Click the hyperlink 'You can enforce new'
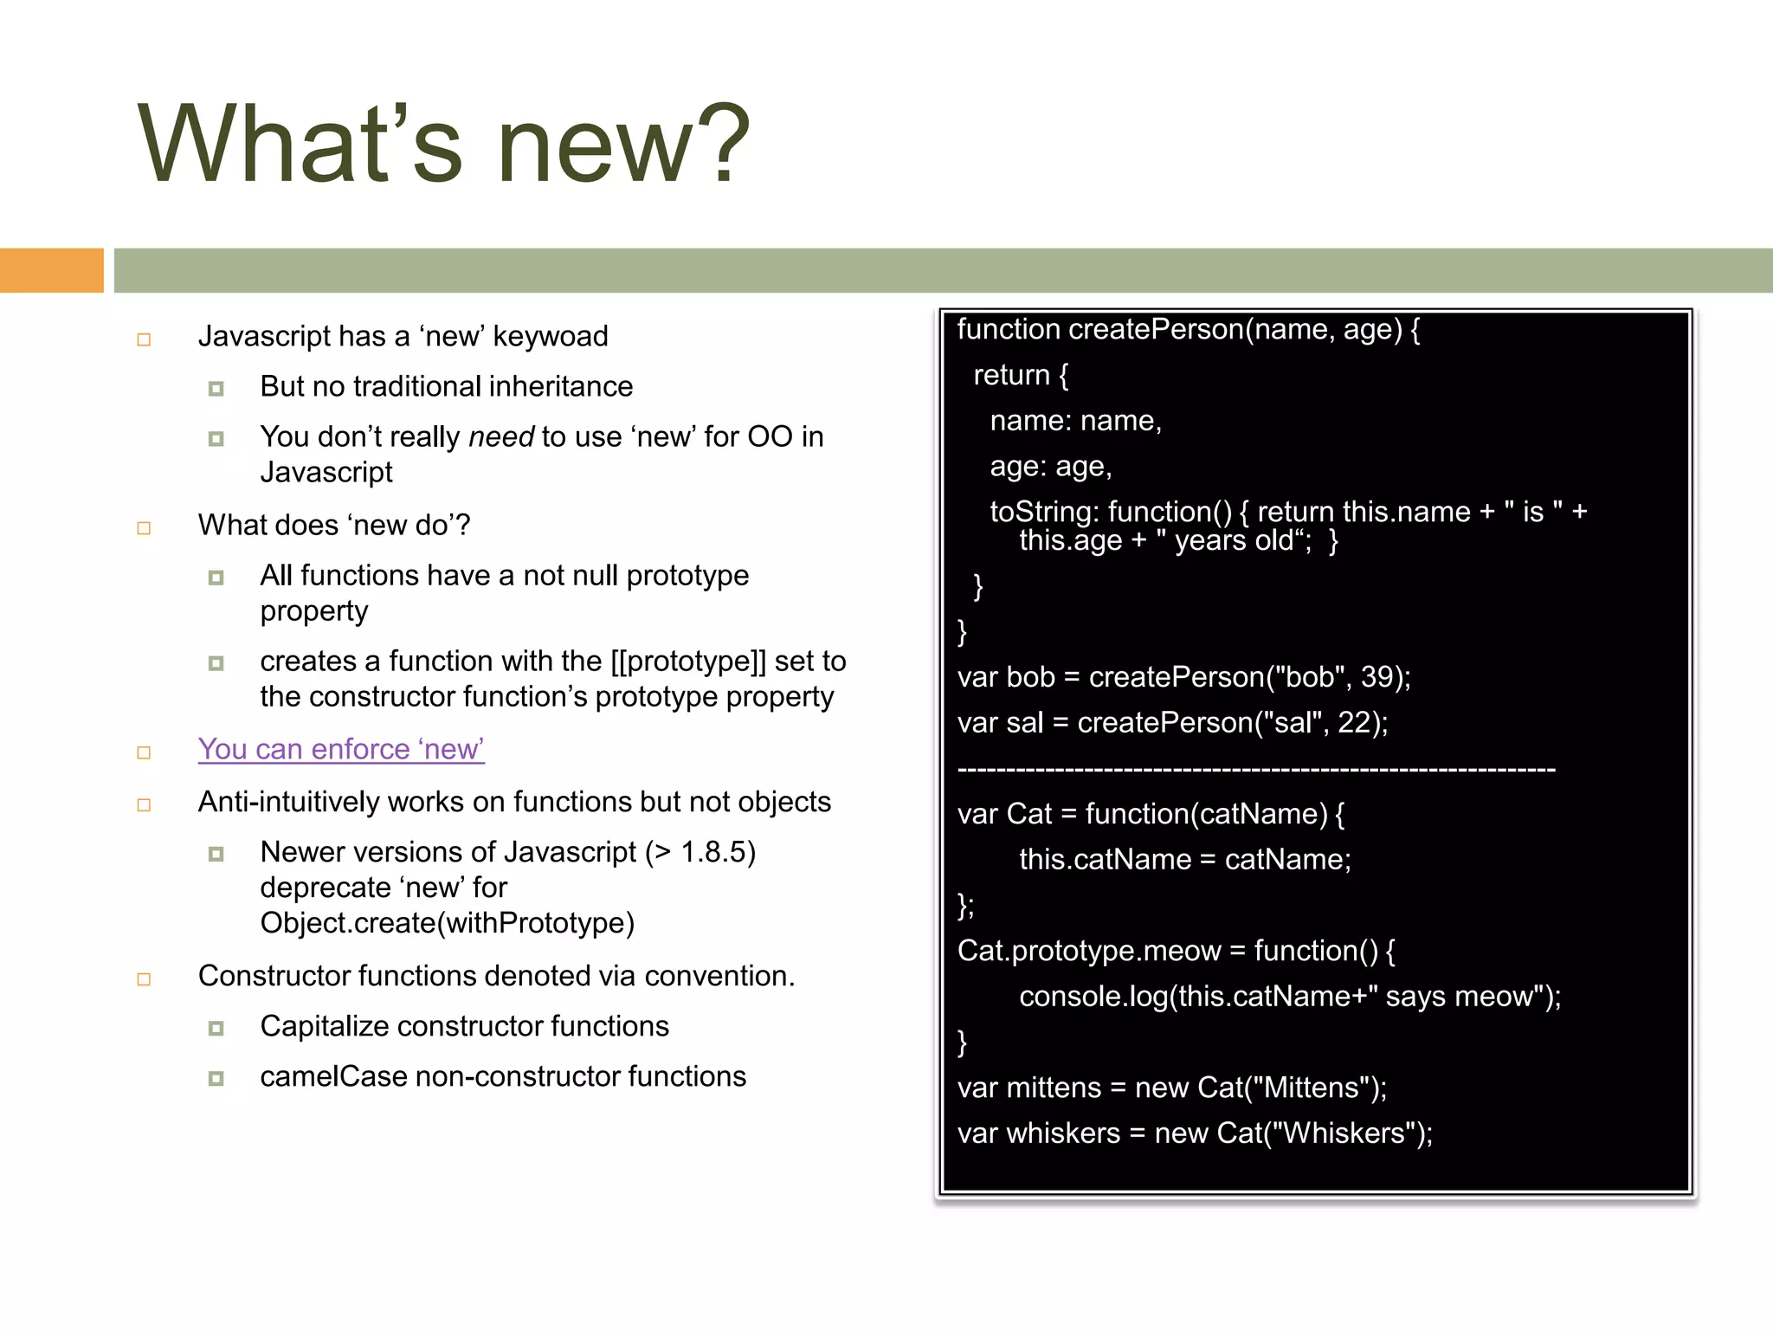pyautogui.click(x=341, y=749)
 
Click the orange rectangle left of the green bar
pyautogui.click(x=51, y=270)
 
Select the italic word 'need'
pyautogui.click(x=501, y=436)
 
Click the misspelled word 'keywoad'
pyautogui.click(x=551, y=336)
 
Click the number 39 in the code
pyautogui.click(x=1377, y=677)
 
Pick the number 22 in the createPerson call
pyautogui.click(x=1354, y=723)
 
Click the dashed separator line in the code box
pyautogui.click(x=1256, y=769)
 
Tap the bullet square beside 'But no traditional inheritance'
pyautogui.click(x=216, y=388)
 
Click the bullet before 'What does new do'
pyautogui.click(x=145, y=527)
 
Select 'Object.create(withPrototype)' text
pyautogui.click(x=448, y=923)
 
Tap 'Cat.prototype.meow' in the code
pyautogui.click(x=1088, y=951)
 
